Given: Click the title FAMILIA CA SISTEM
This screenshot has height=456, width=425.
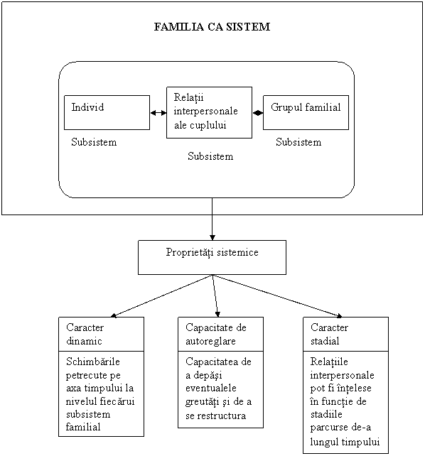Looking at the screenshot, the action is (212, 27).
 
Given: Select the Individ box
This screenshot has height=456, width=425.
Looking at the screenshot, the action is (107, 112).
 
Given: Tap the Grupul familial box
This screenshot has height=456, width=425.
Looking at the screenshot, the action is (306, 112).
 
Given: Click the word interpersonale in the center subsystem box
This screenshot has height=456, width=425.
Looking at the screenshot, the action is (205, 111).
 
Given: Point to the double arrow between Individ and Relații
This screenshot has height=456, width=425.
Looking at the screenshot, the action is (158, 113).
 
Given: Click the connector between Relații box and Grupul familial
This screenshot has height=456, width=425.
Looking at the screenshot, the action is (258, 113).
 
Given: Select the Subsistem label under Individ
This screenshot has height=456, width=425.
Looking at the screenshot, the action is (94, 142).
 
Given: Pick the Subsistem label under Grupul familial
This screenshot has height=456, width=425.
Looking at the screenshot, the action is (298, 142).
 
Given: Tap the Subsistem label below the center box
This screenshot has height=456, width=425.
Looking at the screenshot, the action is (210, 156).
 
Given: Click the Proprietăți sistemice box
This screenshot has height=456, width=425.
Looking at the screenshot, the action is (212, 257).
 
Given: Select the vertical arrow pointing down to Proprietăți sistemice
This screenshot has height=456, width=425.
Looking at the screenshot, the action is (212, 219).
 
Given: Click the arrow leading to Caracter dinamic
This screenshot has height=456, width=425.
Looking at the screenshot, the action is (161, 295).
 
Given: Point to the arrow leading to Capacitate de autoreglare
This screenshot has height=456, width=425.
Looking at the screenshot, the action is (215, 295).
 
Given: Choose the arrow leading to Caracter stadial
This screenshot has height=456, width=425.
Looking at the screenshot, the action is (277, 295).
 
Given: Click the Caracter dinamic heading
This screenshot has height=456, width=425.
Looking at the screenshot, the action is (85, 334).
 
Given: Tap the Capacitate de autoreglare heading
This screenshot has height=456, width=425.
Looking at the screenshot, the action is (216, 334).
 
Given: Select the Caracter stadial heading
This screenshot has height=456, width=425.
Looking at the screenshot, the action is (329, 334).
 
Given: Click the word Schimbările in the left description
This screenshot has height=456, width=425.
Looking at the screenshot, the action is (93, 362).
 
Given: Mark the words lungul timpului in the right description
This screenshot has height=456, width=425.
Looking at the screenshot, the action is (345, 442).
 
